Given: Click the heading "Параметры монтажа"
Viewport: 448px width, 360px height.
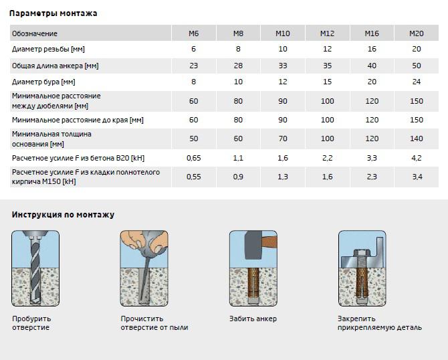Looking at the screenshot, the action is click(x=53, y=13).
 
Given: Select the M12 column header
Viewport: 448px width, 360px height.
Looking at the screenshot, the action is click(x=327, y=33).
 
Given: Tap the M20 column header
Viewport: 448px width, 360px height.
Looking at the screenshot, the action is click(x=417, y=33).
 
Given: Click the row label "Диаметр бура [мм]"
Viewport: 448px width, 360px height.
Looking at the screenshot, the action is click(x=43, y=82).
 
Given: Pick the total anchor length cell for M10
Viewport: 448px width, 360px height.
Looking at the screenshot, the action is click(x=283, y=66).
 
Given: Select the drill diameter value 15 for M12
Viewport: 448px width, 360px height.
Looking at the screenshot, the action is click(x=327, y=82).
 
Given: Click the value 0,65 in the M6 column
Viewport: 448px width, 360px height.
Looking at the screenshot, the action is click(x=194, y=158).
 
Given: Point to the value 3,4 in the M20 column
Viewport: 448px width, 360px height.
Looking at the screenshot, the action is click(x=417, y=177).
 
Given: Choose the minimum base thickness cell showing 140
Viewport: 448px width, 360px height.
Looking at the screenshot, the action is click(x=417, y=139).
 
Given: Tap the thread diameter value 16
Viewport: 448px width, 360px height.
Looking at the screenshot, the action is click(x=372, y=49).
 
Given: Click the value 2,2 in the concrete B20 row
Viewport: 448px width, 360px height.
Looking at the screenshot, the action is click(x=327, y=158).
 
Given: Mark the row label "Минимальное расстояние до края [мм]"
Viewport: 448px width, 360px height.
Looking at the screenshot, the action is click(x=78, y=120).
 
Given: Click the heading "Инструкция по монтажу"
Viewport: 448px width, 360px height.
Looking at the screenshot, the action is click(x=63, y=214).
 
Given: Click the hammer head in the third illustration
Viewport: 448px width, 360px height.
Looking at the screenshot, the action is click(x=253, y=245).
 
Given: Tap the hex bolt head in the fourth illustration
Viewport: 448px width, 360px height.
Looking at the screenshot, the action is click(x=362, y=253).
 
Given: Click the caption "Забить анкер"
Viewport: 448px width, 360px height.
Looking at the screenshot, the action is click(x=253, y=319).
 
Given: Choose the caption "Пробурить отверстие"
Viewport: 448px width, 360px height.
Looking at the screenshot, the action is click(x=31, y=323).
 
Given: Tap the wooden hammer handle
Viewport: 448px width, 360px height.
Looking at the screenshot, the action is click(x=269, y=241).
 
